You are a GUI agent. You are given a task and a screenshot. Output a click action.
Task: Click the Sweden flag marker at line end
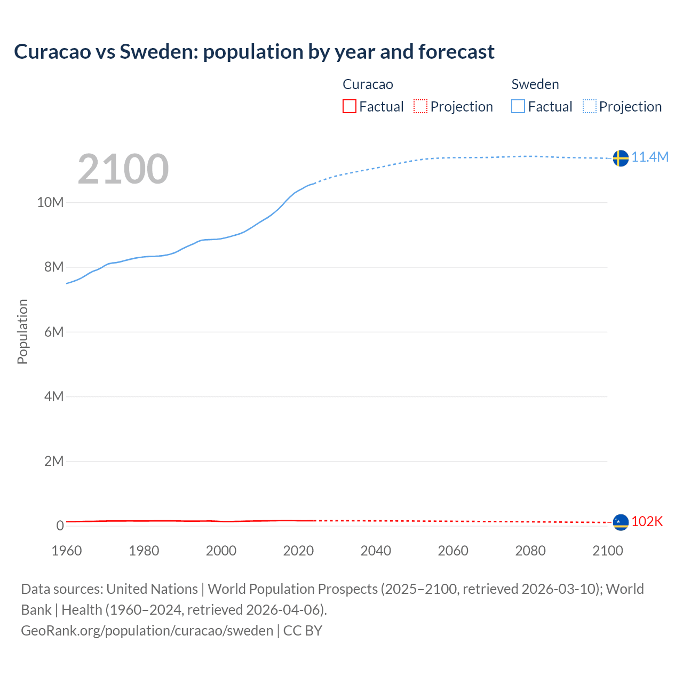pos(620,158)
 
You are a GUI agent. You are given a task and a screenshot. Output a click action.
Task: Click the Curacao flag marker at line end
pos(620,522)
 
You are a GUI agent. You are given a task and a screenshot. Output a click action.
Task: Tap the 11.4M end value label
pos(650,157)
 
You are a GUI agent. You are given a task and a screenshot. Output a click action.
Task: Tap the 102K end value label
pos(647,521)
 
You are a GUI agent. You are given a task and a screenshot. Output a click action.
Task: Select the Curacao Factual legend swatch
pos(349,106)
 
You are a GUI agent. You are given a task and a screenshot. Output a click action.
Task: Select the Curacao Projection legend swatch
pos(420,106)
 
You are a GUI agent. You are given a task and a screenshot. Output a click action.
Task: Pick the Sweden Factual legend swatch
pos(518,106)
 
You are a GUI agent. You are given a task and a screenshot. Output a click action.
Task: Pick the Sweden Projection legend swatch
pos(590,106)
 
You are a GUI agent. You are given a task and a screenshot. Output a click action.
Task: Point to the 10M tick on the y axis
pos(50,202)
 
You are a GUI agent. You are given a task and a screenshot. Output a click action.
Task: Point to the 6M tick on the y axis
pos(54,332)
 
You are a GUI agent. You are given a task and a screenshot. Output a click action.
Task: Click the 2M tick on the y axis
pos(54,461)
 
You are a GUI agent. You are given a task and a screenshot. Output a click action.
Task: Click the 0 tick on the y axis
pos(60,526)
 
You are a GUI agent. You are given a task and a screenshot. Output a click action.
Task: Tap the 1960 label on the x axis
pos(67,551)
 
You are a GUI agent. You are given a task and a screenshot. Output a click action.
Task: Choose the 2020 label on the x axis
pos(298,551)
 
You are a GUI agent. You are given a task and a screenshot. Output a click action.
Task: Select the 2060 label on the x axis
pos(453,551)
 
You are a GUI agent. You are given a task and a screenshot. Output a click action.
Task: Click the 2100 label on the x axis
pos(607,551)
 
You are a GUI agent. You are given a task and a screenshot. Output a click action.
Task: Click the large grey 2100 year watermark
pos(123,169)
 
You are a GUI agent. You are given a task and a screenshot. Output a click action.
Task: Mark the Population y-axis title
pos(22,331)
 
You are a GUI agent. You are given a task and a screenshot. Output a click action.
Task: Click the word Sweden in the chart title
pos(158,52)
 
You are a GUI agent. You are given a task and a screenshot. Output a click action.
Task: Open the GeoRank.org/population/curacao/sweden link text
pos(147,630)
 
